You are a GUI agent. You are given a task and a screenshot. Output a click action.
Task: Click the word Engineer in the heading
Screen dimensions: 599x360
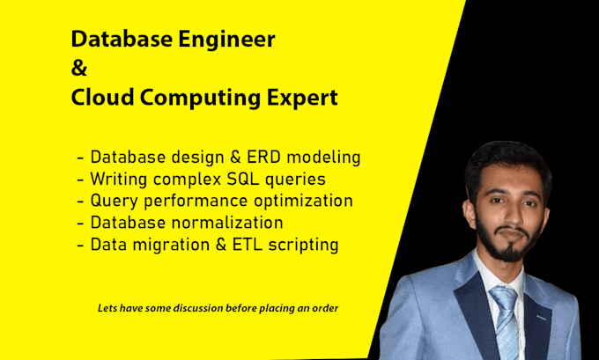point(227,40)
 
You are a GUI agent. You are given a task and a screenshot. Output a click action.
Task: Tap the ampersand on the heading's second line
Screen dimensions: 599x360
point(79,68)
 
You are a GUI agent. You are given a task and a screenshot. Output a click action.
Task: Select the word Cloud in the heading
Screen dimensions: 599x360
point(102,97)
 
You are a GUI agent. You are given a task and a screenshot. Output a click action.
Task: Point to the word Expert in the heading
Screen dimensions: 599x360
point(302,99)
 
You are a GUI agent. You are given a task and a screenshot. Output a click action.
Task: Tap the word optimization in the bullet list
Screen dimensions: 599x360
point(303,202)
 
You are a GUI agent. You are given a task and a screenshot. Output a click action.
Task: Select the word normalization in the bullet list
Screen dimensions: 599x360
point(227,223)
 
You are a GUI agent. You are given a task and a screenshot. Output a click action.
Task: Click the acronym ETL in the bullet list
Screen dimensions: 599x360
point(248,245)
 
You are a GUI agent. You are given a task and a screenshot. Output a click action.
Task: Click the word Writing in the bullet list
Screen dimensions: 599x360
point(118,180)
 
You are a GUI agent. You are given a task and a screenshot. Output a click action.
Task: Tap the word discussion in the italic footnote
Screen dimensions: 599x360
point(199,308)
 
